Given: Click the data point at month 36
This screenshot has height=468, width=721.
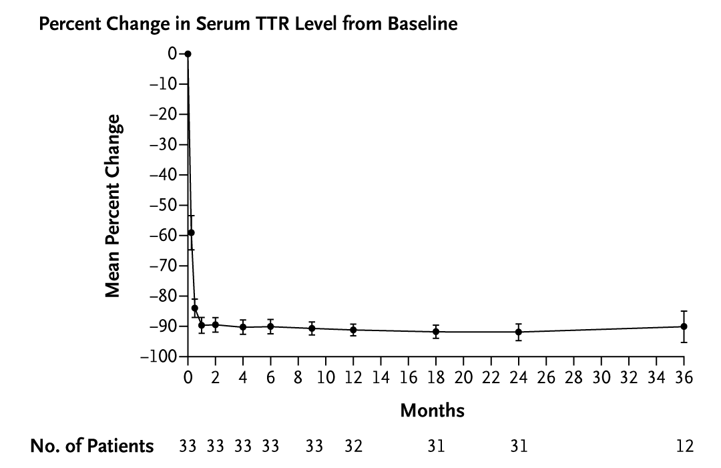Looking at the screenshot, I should click(684, 326).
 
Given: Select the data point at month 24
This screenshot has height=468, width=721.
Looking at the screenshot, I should click(519, 332).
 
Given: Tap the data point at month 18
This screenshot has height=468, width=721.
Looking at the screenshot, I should click(436, 331).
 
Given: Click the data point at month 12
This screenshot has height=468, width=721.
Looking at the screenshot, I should click(353, 330).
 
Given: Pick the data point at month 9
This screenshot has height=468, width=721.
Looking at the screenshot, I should click(312, 328).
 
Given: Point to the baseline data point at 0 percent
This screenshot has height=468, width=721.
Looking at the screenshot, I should click(188, 54).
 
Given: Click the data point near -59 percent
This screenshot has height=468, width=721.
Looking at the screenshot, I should click(191, 232).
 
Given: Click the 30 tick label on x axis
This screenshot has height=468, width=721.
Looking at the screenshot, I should click(602, 378).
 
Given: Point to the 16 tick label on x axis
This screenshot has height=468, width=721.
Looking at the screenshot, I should click(409, 378).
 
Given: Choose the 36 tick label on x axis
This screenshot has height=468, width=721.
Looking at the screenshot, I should click(684, 378).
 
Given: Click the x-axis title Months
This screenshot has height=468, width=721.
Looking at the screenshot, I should click(432, 411).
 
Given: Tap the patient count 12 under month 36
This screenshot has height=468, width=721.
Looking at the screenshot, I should click(684, 447).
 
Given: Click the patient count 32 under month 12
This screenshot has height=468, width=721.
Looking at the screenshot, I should click(353, 447).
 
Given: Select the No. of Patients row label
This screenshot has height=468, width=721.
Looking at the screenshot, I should click(91, 446).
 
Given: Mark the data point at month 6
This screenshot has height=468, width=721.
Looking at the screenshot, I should click(270, 326).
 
